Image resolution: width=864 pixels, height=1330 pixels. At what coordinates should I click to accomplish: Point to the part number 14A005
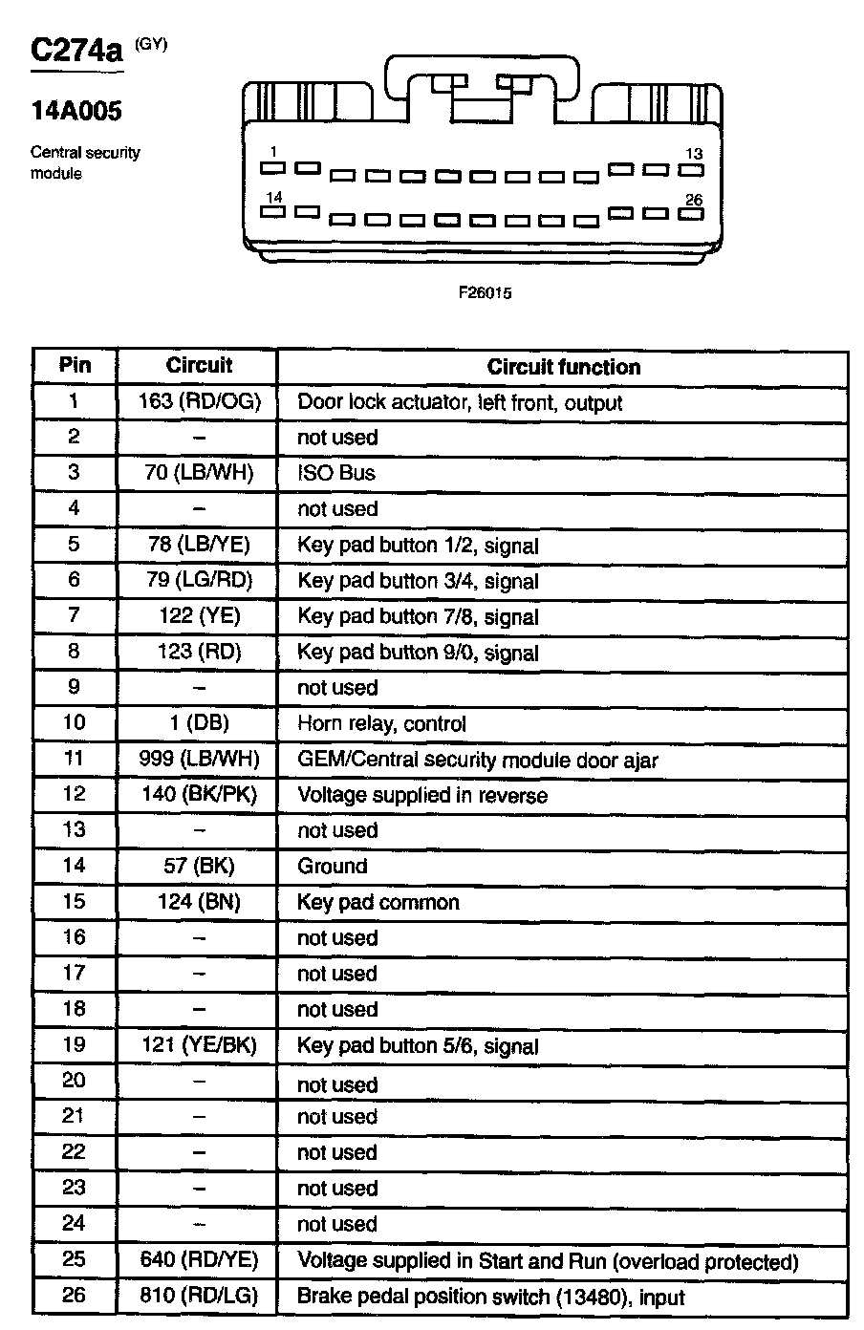[76, 112]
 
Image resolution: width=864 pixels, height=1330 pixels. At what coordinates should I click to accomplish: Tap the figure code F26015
[485, 293]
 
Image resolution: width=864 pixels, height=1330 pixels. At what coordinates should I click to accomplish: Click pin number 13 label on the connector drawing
[694, 154]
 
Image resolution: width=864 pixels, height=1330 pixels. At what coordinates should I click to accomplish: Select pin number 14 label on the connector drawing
[274, 198]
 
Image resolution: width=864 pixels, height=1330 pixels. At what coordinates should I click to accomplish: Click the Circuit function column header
[563, 367]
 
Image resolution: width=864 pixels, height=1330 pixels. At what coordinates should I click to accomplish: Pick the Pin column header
[75, 365]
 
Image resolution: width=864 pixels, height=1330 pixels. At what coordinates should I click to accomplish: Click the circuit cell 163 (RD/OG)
[199, 401]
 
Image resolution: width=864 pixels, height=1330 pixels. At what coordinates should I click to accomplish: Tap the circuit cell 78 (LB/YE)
[199, 545]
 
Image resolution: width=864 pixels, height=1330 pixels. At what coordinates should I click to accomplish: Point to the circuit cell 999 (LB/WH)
[199, 760]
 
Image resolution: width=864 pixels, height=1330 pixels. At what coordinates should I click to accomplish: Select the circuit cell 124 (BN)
[199, 902]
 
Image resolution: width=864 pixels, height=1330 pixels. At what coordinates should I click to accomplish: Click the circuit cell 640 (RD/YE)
[199, 1260]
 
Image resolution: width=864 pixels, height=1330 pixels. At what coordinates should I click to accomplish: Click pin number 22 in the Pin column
[75, 1152]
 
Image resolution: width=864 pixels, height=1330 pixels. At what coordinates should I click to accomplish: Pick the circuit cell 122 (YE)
[199, 616]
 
